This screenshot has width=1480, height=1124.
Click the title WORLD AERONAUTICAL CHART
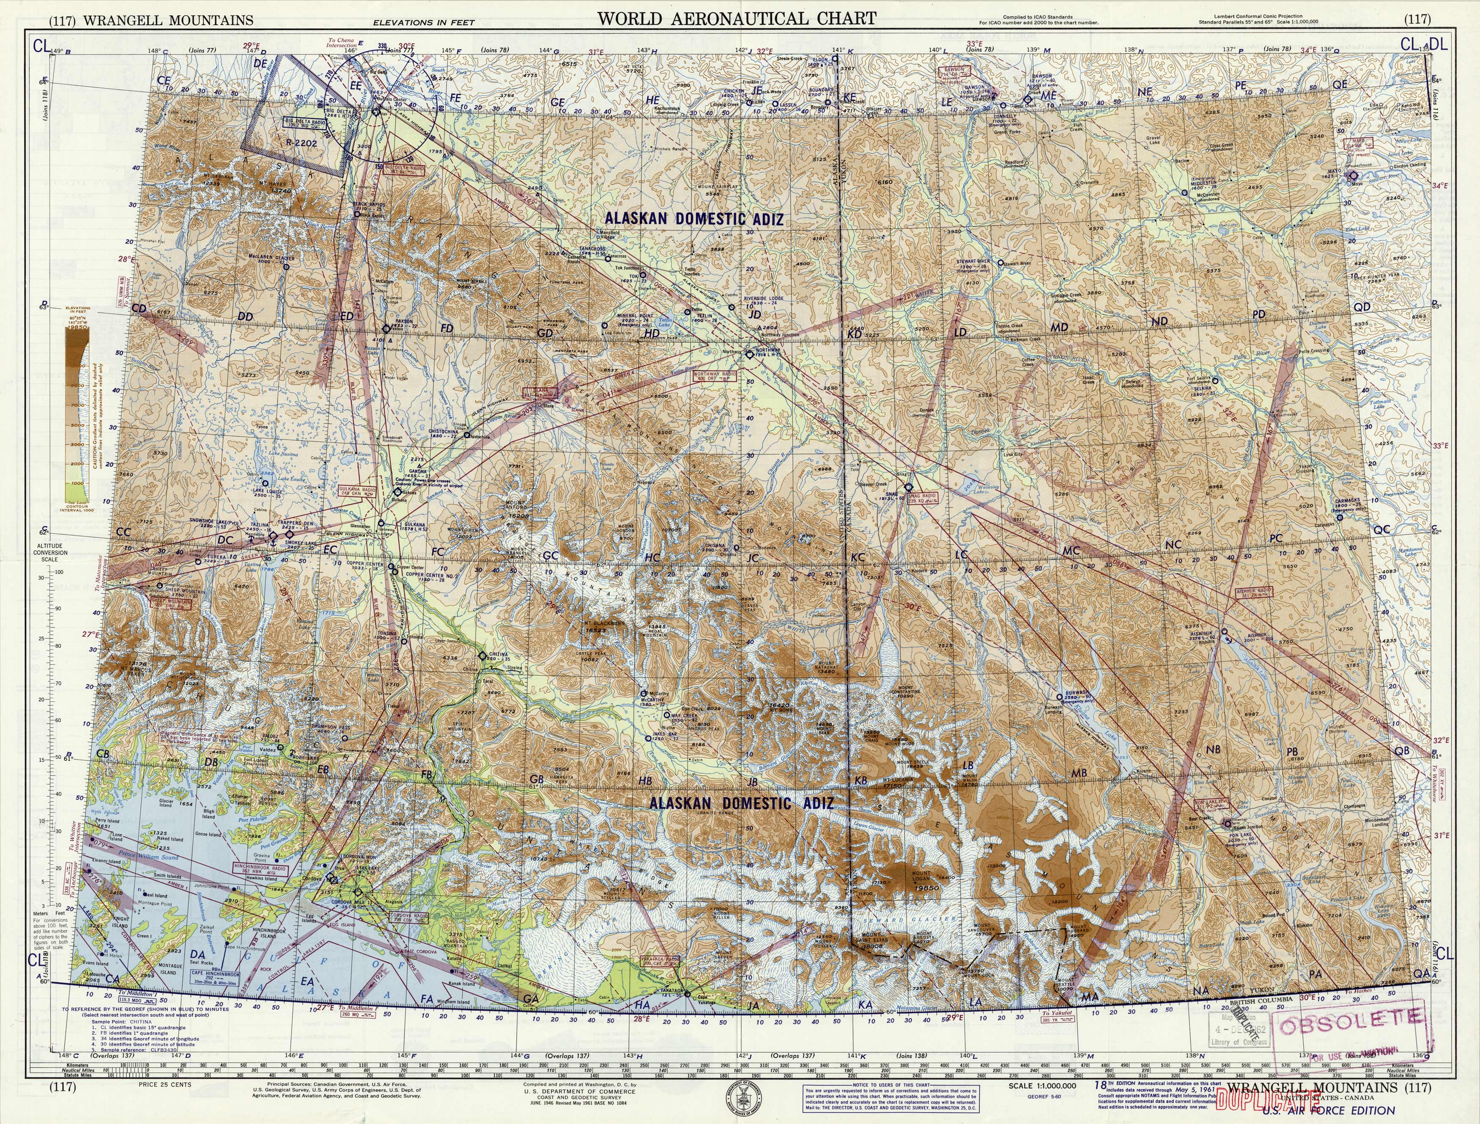pyautogui.click(x=736, y=18)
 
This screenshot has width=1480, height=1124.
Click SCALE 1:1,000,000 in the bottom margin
pyautogui.click(x=1041, y=1086)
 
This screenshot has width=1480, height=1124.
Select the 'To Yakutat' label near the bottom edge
pyautogui.click(x=1057, y=1013)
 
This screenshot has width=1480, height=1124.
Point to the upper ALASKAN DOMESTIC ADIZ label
pyautogui.click(x=694, y=218)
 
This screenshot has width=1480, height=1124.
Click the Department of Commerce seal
pyautogui.click(x=736, y=1101)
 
